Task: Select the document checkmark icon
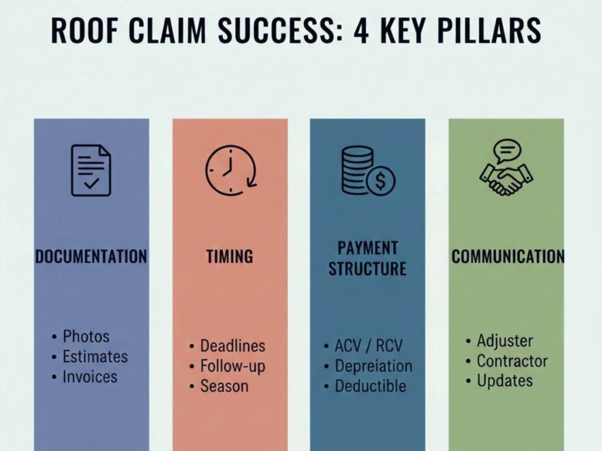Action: click(91, 170)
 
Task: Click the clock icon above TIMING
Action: click(230, 170)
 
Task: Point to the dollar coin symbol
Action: click(380, 182)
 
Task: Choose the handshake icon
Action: click(506, 180)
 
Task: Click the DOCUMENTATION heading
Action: click(91, 257)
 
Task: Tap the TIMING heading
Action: click(230, 257)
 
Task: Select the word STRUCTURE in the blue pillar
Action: click(367, 269)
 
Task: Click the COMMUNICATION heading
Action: click(507, 257)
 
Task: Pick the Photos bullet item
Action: click(86, 336)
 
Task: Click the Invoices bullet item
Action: click(90, 376)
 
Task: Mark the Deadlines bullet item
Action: click(232, 346)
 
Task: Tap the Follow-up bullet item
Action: click(232, 366)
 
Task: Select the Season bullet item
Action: click(224, 386)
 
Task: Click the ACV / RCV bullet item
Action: click(369, 345)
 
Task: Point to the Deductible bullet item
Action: click(370, 386)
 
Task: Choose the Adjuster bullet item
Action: click(504, 341)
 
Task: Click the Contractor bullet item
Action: click(512, 361)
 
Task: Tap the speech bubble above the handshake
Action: click(507, 150)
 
